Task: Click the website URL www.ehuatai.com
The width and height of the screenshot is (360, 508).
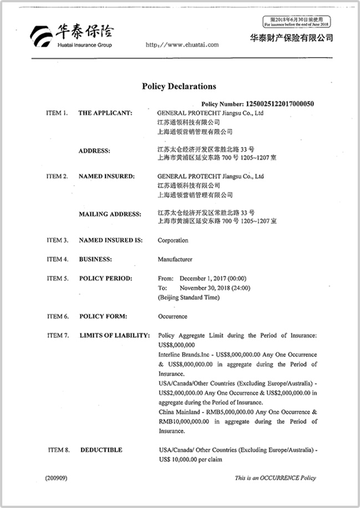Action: [182, 45]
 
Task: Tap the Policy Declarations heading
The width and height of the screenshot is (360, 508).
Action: [179, 87]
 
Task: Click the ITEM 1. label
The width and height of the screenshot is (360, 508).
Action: [57, 113]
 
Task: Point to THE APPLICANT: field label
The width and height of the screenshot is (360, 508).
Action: [105, 113]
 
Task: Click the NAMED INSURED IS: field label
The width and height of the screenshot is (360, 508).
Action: [110, 241]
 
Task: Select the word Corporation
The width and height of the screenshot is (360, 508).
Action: [173, 241]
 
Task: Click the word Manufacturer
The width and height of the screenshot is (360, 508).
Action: [175, 259]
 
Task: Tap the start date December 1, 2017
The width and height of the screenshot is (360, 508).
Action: [213, 278]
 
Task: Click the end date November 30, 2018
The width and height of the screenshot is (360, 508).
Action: [215, 287]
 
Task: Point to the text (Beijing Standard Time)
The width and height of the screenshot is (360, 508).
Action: [189, 297]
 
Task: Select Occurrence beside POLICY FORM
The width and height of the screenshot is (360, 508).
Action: [173, 317]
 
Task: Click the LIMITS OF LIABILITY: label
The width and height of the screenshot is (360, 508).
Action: [115, 336]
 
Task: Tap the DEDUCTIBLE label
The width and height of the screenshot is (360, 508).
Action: [102, 450]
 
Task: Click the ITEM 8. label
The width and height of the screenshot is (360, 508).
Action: [59, 450]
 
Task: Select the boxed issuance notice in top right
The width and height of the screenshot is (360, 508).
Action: [297, 22]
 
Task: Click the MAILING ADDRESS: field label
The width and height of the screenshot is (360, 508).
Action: [110, 214]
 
